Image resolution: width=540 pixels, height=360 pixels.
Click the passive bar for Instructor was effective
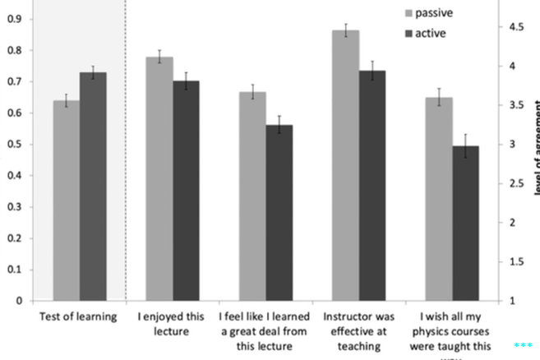point(346,165)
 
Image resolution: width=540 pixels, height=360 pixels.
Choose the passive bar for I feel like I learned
point(252,196)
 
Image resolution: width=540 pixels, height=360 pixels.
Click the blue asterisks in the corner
point(524,347)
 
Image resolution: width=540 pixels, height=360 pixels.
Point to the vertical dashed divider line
point(126,148)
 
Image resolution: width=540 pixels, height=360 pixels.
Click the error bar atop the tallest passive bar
point(346,30)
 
